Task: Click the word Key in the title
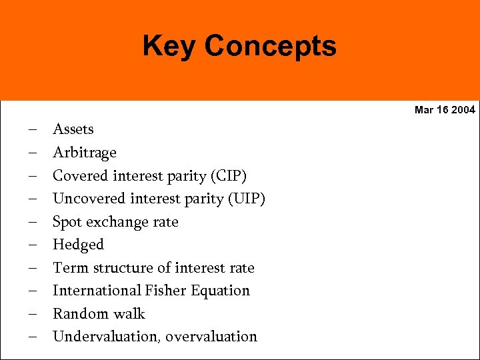(x=170, y=47)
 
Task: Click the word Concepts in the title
(x=270, y=47)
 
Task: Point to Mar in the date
(x=424, y=110)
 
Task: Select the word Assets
(x=73, y=129)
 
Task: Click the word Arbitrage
(x=85, y=153)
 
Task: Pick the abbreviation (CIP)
(x=228, y=176)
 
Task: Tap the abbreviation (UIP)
(x=247, y=199)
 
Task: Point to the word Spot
(x=67, y=222)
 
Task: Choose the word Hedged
(x=79, y=245)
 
